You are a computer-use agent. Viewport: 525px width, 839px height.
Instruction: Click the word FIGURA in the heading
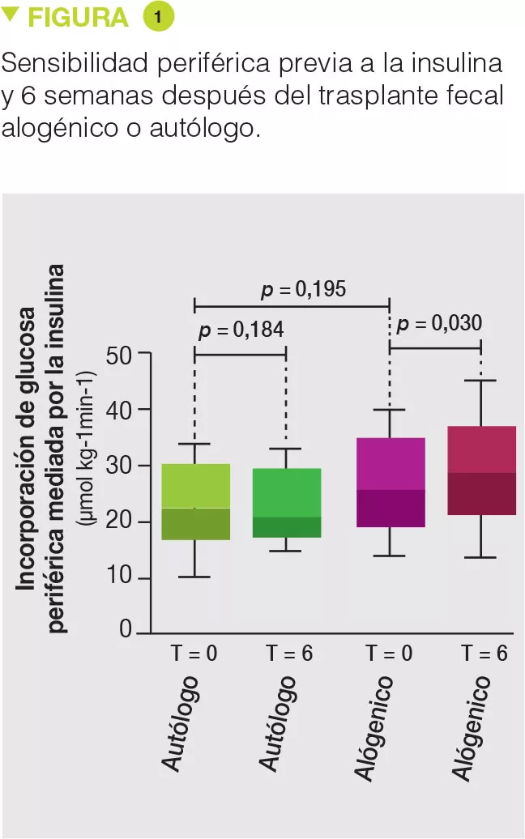pyautogui.click(x=78, y=18)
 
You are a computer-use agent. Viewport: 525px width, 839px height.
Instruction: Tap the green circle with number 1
pyautogui.click(x=158, y=17)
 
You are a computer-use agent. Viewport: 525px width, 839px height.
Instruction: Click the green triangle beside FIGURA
pyautogui.click(x=11, y=13)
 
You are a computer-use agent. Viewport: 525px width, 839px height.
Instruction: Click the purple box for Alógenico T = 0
pyautogui.click(x=391, y=483)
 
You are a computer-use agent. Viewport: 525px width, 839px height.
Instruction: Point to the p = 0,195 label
pyautogui.click(x=304, y=289)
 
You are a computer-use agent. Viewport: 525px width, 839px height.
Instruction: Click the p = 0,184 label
pyautogui.click(x=241, y=330)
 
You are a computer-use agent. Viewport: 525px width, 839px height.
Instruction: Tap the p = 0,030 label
pyautogui.click(x=439, y=324)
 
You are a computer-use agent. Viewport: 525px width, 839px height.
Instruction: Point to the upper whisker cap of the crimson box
pyautogui.click(x=481, y=380)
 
